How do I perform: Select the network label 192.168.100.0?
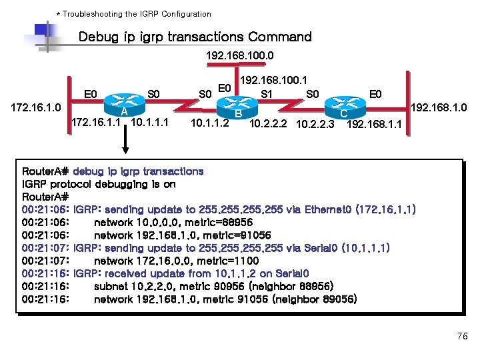pyautogui.click(x=240, y=55)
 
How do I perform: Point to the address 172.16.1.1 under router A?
pyautogui.click(x=95, y=123)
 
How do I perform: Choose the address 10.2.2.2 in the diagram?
pyautogui.click(x=269, y=124)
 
